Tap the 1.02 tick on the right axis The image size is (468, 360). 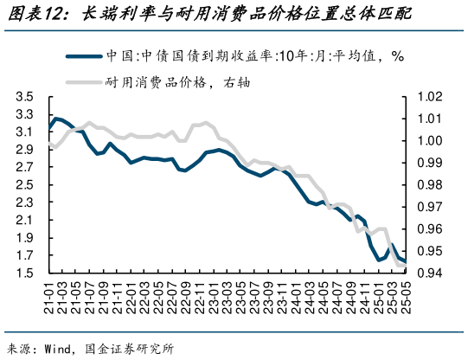pyautogui.click(x=431, y=97)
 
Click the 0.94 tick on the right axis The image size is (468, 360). pyautogui.click(x=431, y=273)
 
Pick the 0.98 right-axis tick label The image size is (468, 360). pyautogui.click(x=431, y=185)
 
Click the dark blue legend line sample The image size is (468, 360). pyautogui.click(x=83, y=56)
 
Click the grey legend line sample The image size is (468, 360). pyautogui.click(x=83, y=82)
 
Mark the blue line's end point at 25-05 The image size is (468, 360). pyautogui.click(x=404, y=261)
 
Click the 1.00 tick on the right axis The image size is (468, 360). pyautogui.click(x=431, y=141)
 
